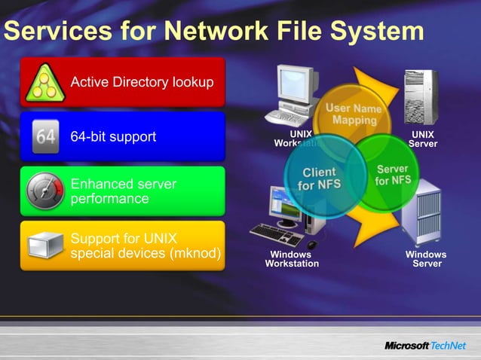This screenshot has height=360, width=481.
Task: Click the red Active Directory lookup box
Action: (x=122, y=83)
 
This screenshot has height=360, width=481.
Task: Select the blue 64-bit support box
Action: (x=122, y=136)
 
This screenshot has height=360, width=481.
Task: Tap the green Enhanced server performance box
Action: (x=122, y=191)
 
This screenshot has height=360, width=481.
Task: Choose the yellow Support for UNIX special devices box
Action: (x=122, y=246)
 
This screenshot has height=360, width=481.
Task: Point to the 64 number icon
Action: (x=45, y=137)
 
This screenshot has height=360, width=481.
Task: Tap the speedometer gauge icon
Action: (x=44, y=192)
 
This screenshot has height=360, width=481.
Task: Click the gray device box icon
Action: (x=44, y=246)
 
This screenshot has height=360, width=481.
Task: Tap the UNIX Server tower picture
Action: (x=423, y=96)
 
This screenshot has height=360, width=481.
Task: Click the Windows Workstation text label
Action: (x=291, y=259)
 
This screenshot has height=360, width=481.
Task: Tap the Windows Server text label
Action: (x=426, y=259)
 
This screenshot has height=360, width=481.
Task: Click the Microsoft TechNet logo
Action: (x=427, y=346)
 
